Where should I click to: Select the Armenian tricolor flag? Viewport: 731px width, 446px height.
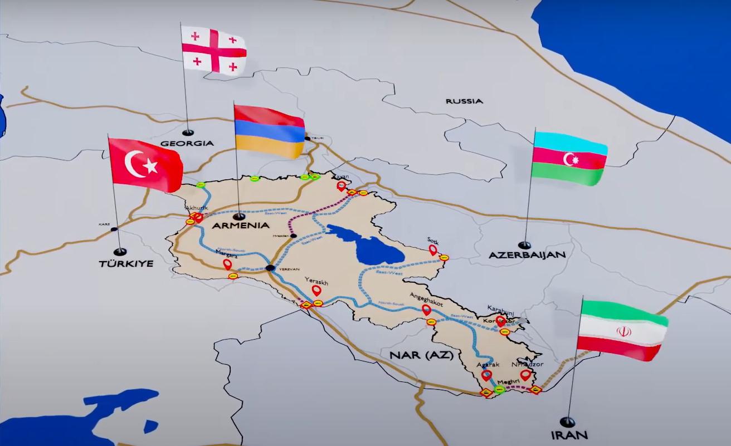[270, 131]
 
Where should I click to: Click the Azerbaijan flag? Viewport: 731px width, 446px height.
[569, 158]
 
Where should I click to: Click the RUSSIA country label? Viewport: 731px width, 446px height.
[464, 101]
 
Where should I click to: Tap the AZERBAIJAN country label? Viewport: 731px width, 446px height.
[527, 254]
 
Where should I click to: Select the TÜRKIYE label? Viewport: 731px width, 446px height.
[126, 263]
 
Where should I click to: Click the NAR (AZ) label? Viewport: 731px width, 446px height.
[413, 354]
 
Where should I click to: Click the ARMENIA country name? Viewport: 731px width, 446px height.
[241, 226]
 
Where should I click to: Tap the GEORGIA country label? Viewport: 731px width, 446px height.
[187, 143]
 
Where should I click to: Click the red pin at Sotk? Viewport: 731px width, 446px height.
[433, 250]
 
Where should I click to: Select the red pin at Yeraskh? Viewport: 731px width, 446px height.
[316, 291]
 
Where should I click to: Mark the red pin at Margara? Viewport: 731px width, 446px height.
[227, 264]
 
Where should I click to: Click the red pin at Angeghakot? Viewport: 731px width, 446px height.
[426, 310]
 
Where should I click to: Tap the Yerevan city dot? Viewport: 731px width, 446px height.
[270, 268]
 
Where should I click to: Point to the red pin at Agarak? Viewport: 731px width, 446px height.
[486, 376]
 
